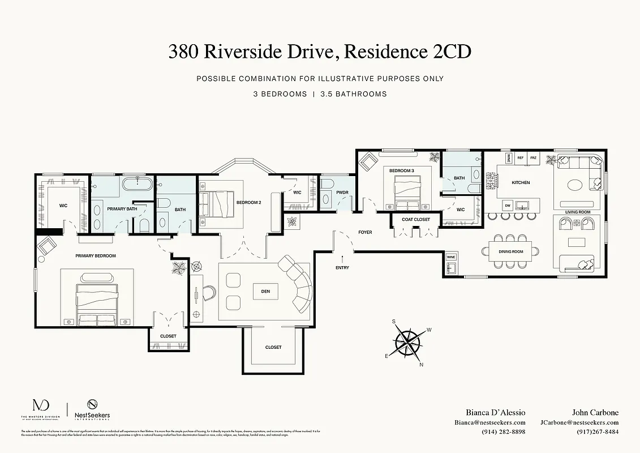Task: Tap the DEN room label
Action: (x=265, y=292)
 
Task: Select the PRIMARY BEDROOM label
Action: (x=96, y=256)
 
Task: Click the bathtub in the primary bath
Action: (x=136, y=183)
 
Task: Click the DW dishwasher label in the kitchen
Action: (x=508, y=205)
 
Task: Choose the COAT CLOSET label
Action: (x=416, y=220)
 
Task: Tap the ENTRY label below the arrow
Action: (x=342, y=268)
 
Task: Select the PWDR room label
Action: (x=342, y=193)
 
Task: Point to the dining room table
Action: (x=510, y=251)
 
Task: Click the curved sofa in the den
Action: (x=299, y=286)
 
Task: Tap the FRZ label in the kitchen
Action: (x=533, y=158)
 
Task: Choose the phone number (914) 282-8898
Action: (x=490, y=431)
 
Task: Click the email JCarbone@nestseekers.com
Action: (x=579, y=422)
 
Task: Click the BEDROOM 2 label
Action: (x=248, y=202)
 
